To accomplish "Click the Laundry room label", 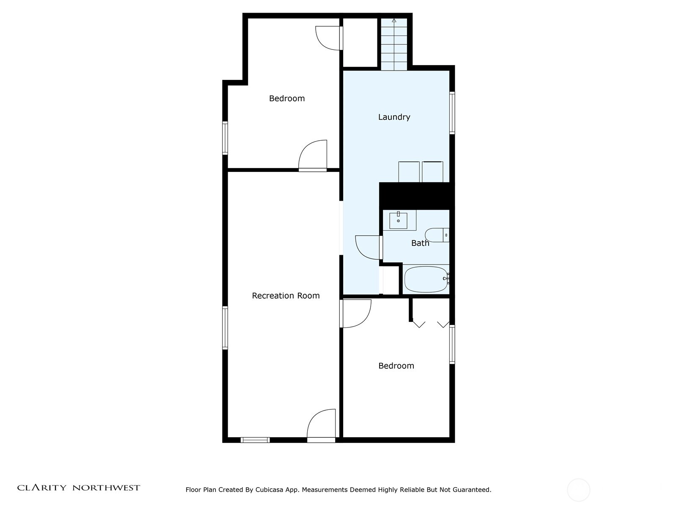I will (394, 117).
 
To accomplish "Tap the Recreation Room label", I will (286, 296).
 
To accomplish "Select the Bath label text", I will (420, 243).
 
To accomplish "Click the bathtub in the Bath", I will (426, 279).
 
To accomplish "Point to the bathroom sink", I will (398, 221).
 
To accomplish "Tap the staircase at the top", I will (394, 44).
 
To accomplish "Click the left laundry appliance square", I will (409, 172).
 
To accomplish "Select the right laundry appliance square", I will (432, 172).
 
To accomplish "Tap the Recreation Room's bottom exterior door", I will (322, 426).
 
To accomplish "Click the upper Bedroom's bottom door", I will (313, 155).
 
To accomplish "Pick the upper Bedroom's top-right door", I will (329, 38).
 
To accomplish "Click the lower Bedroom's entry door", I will (356, 313).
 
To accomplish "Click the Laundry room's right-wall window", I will (452, 113).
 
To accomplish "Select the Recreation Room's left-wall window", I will (225, 328).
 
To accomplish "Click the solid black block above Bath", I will (416, 196).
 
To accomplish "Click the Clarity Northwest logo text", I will (79, 488).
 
